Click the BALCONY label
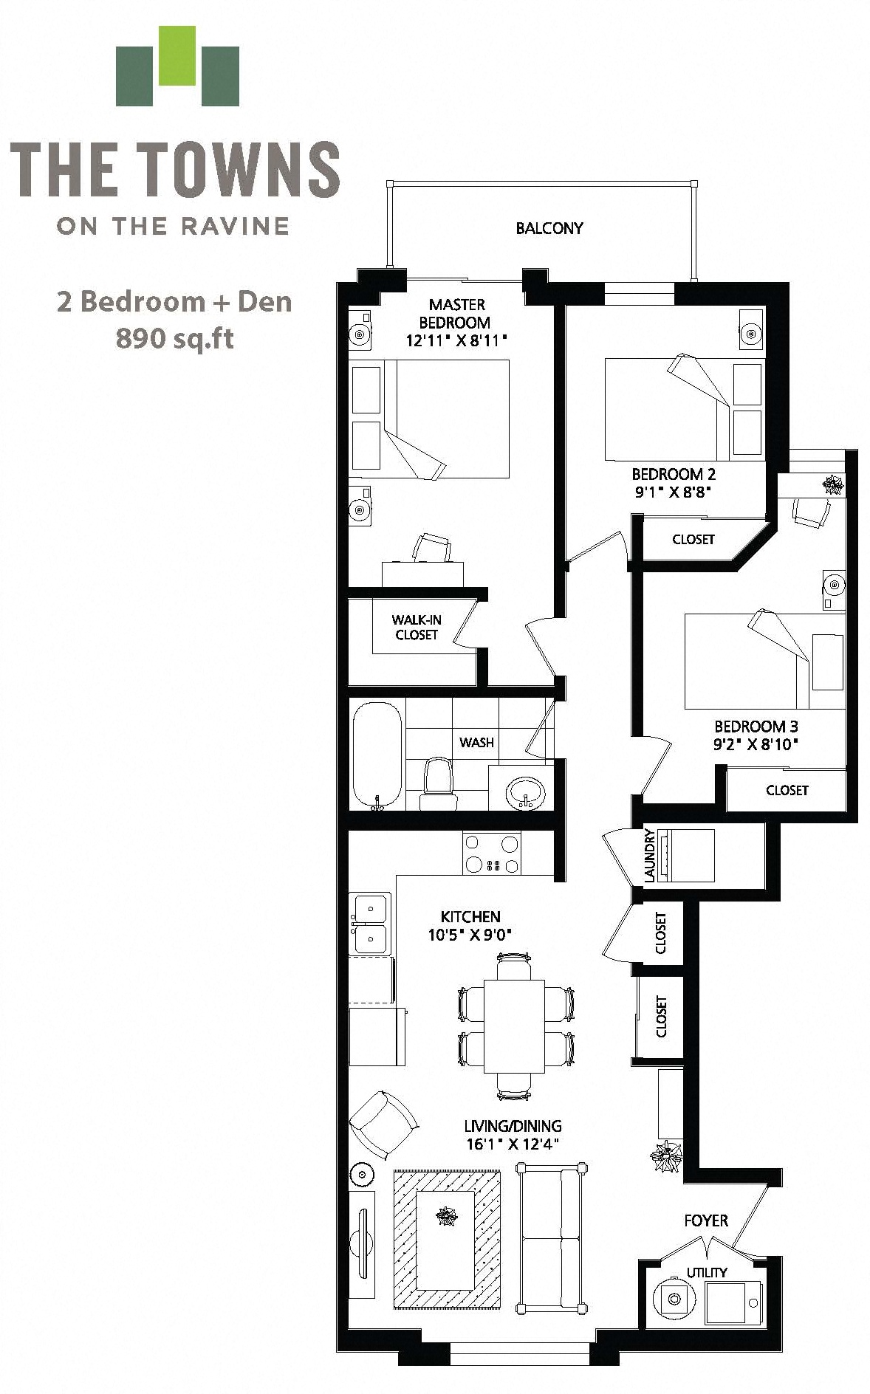(549, 228)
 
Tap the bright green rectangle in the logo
(177, 55)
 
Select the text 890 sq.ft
(175, 338)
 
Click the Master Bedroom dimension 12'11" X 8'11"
(457, 341)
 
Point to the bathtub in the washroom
(377, 755)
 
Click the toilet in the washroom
(439, 784)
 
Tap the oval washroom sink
(526, 793)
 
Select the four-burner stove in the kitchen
(492, 854)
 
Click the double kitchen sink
(371, 923)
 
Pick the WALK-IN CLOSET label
(417, 627)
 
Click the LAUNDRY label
(650, 855)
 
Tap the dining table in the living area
(515, 1026)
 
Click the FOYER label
(706, 1220)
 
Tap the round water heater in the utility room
(674, 1298)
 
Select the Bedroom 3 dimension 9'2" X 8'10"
(756, 744)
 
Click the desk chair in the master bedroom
(431, 548)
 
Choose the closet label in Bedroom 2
(693, 540)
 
